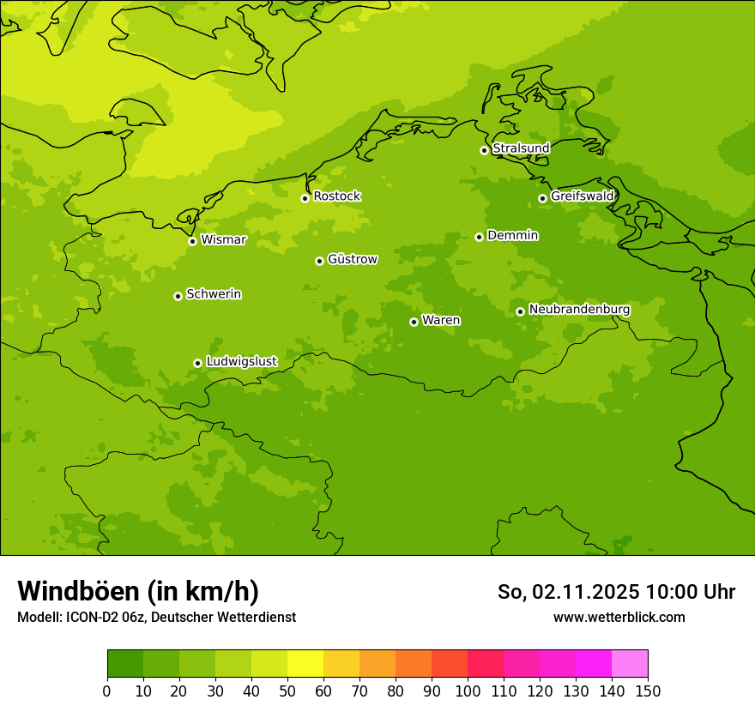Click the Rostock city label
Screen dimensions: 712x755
click(336, 196)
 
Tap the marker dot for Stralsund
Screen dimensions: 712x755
click(484, 150)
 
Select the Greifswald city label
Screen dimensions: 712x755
click(583, 196)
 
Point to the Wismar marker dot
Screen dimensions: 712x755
click(192, 241)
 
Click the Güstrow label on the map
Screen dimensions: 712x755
click(352, 259)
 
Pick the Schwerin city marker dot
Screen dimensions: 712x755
click(178, 296)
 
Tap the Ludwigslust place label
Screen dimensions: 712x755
click(241, 362)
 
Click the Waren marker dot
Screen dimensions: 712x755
click(414, 322)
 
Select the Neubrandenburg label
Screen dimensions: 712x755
click(579, 310)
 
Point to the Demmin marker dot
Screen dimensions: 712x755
click(479, 237)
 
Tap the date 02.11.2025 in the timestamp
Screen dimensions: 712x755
click(585, 592)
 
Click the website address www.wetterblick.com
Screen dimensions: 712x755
click(619, 618)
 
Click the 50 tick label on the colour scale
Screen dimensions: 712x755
click(287, 691)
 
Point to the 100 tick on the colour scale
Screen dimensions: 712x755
click(468, 691)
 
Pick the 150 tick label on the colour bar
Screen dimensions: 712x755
click(648, 691)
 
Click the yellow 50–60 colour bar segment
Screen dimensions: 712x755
click(305, 664)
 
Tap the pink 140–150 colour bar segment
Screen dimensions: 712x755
click(630, 664)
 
